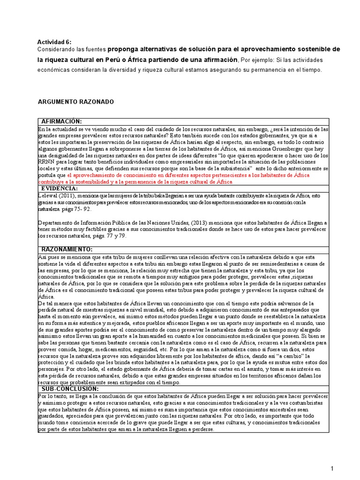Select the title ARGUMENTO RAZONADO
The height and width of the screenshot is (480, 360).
75,102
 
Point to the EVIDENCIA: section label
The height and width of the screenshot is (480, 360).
60,188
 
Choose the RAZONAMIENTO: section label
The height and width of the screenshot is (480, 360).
67,248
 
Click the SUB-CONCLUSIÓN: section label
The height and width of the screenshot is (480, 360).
70,389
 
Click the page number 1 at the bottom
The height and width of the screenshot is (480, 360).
331,468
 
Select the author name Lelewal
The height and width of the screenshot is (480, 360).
48,195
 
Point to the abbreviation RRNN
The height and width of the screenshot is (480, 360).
46,162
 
